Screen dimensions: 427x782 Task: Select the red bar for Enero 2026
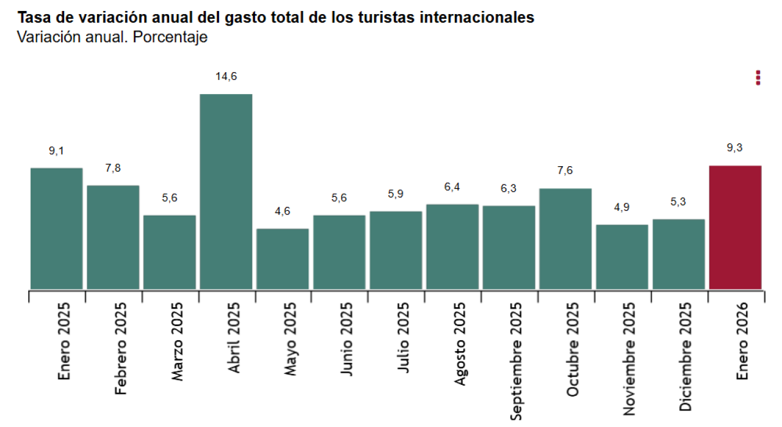(735, 227)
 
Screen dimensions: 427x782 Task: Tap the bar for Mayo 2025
(283, 258)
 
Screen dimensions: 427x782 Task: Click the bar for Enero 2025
(56, 228)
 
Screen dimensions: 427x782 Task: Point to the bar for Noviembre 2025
(622, 257)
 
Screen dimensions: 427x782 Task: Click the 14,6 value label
(226, 76)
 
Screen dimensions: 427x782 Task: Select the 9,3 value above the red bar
(735, 148)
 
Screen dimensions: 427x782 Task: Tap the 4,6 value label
(283, 211)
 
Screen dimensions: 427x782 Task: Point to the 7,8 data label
(113, 168)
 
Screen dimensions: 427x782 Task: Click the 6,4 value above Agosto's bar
(452, 187)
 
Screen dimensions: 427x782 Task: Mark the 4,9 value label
(622, 207)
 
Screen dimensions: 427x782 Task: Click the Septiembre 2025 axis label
(516, 360)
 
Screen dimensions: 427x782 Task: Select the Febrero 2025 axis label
(121, 348)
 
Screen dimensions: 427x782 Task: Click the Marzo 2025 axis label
(177, 341)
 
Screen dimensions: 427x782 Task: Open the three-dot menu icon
(758, 78)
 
